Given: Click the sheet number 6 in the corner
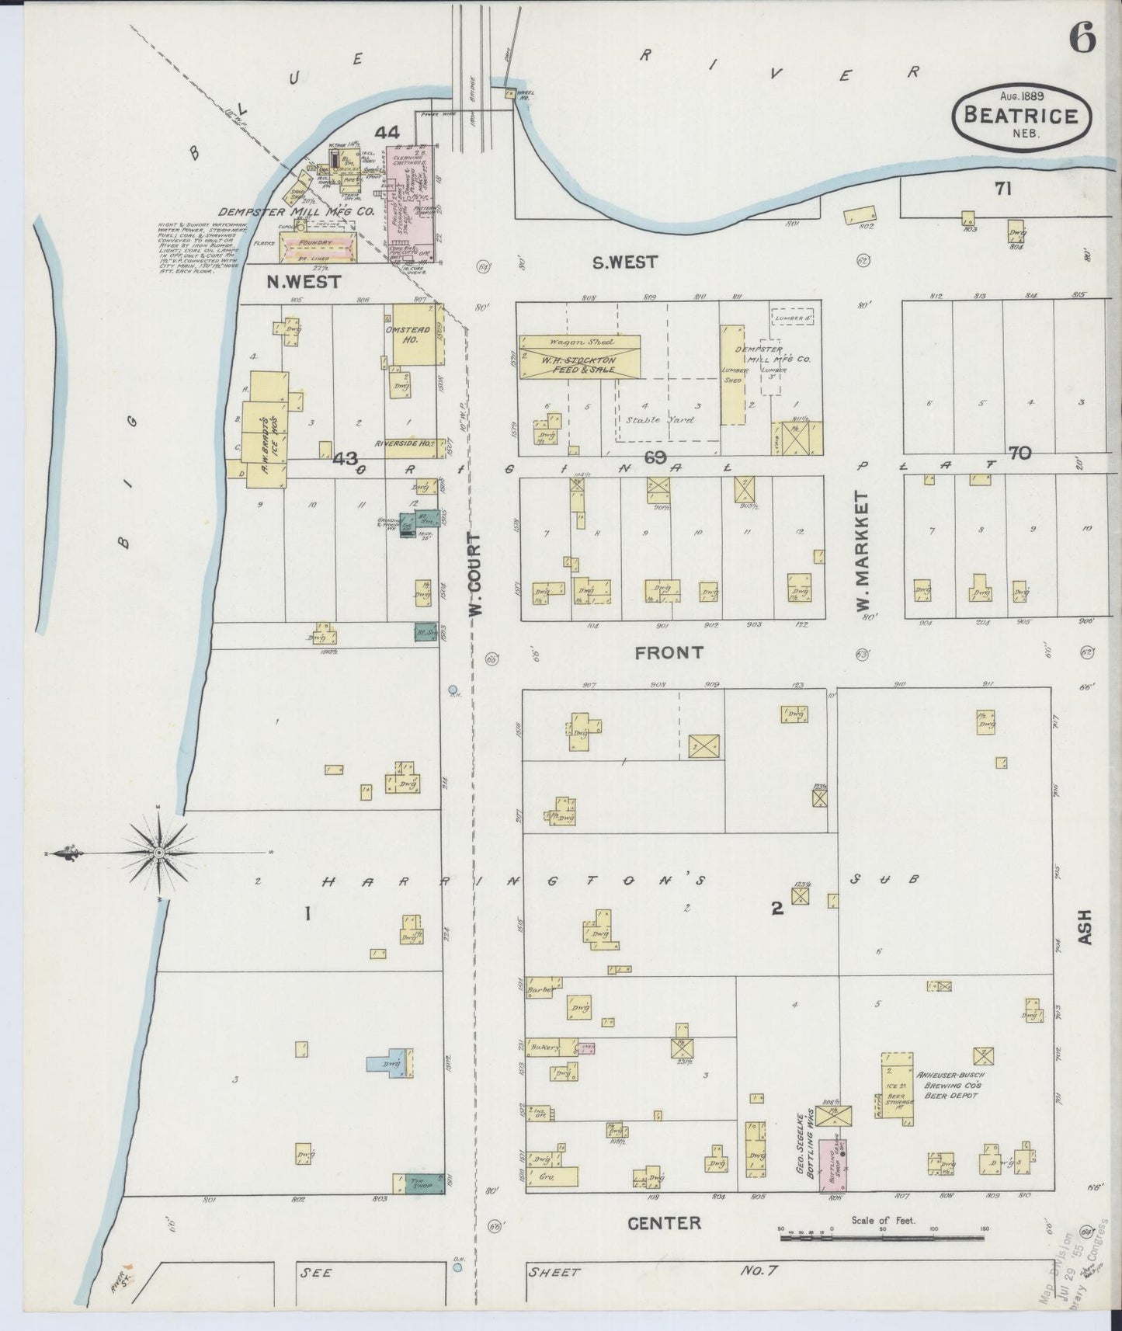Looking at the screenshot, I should click(1083, 36).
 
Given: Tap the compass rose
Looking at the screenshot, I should click(159, 853).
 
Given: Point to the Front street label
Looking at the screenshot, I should click(668, 652).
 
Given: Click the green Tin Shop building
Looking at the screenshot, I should click(419, 1183).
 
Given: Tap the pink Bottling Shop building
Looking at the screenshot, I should click(836, 1166).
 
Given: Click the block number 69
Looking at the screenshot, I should click(655, 457).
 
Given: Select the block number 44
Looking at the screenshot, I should click(387, 133).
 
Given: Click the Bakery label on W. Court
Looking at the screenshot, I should click(545, 1047).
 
